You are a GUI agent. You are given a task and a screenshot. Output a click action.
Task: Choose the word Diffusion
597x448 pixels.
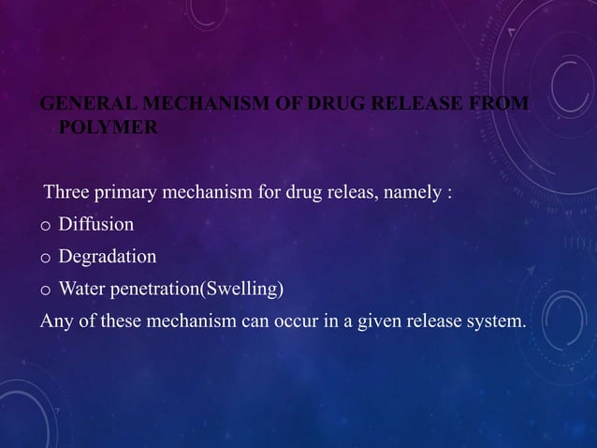(x=95, y=225)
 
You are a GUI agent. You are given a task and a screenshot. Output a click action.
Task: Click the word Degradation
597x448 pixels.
(x=107, y=257)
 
